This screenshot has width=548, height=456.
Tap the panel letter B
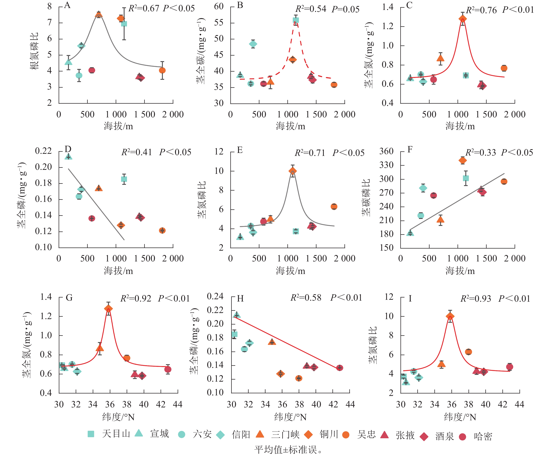point(240,5)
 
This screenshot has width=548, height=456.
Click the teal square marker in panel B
point(296,20)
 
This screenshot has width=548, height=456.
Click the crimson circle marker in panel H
point(340,368)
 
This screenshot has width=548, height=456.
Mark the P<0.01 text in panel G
point(174,298)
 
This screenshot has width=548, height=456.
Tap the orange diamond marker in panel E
point(293,171)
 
